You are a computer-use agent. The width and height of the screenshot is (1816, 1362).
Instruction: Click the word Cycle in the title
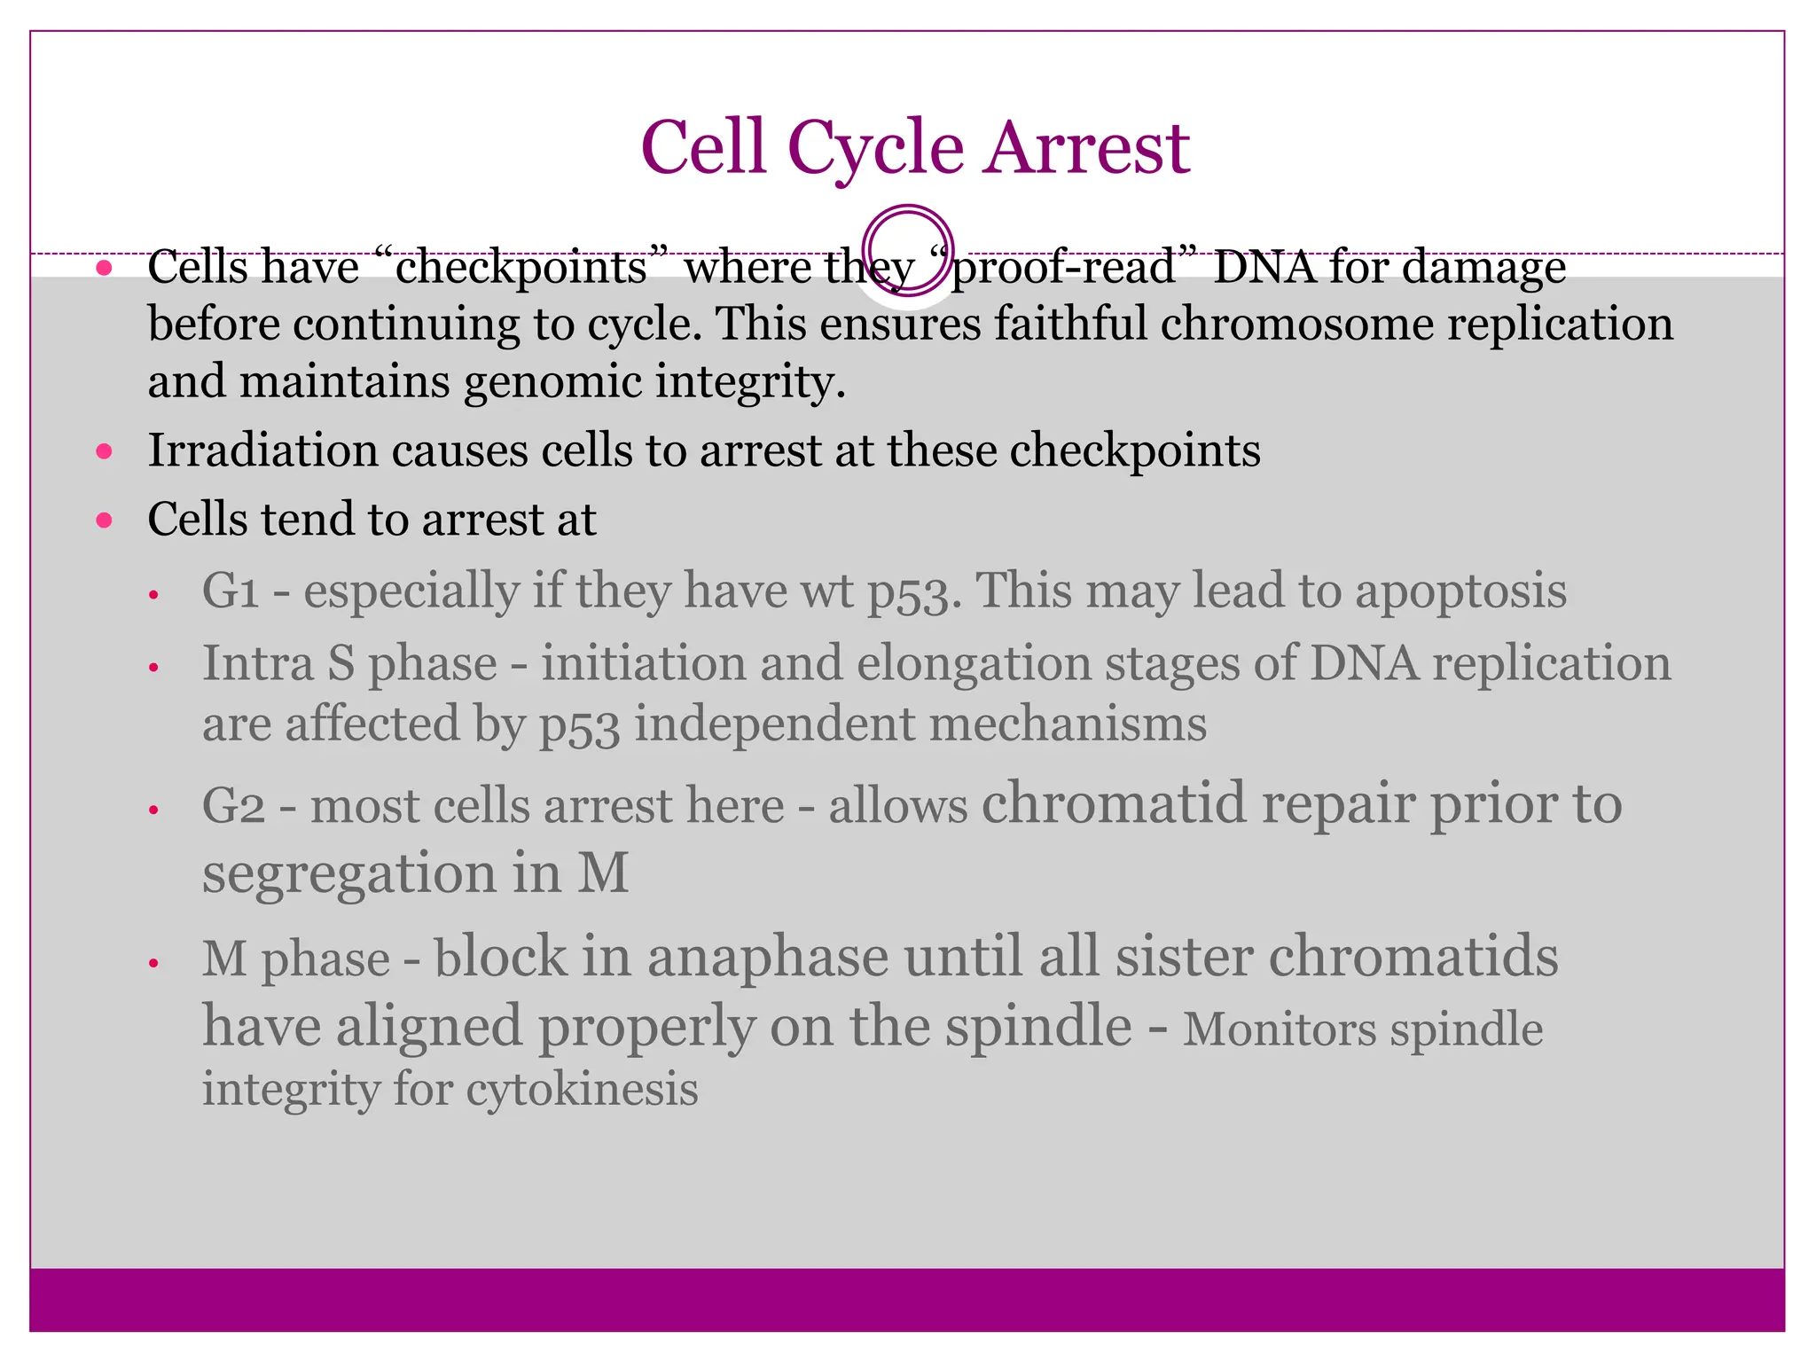point(875,148)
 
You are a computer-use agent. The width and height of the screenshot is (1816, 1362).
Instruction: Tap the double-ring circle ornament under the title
point(907,251)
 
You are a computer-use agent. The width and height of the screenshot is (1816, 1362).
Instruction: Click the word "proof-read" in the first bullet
point(1061,267)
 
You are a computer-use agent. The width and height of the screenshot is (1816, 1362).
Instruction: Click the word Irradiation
point(263,450)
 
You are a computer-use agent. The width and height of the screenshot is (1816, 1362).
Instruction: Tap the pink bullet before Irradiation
point(105,451)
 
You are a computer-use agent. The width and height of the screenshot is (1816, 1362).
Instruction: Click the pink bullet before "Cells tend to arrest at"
point(105,520)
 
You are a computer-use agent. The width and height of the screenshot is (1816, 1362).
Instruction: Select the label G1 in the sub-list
point(231,591)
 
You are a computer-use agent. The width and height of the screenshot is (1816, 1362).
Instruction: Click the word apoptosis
point(1460,591)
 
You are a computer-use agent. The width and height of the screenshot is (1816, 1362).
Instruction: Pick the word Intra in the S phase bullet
point(256,663)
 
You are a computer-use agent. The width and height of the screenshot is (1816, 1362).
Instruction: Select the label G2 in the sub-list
point(233,806)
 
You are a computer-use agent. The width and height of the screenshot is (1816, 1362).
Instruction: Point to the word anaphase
point(767,957)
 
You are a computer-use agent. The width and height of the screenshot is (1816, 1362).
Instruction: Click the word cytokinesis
point(582,1088)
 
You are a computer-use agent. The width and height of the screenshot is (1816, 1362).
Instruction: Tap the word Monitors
point(1279,1029)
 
